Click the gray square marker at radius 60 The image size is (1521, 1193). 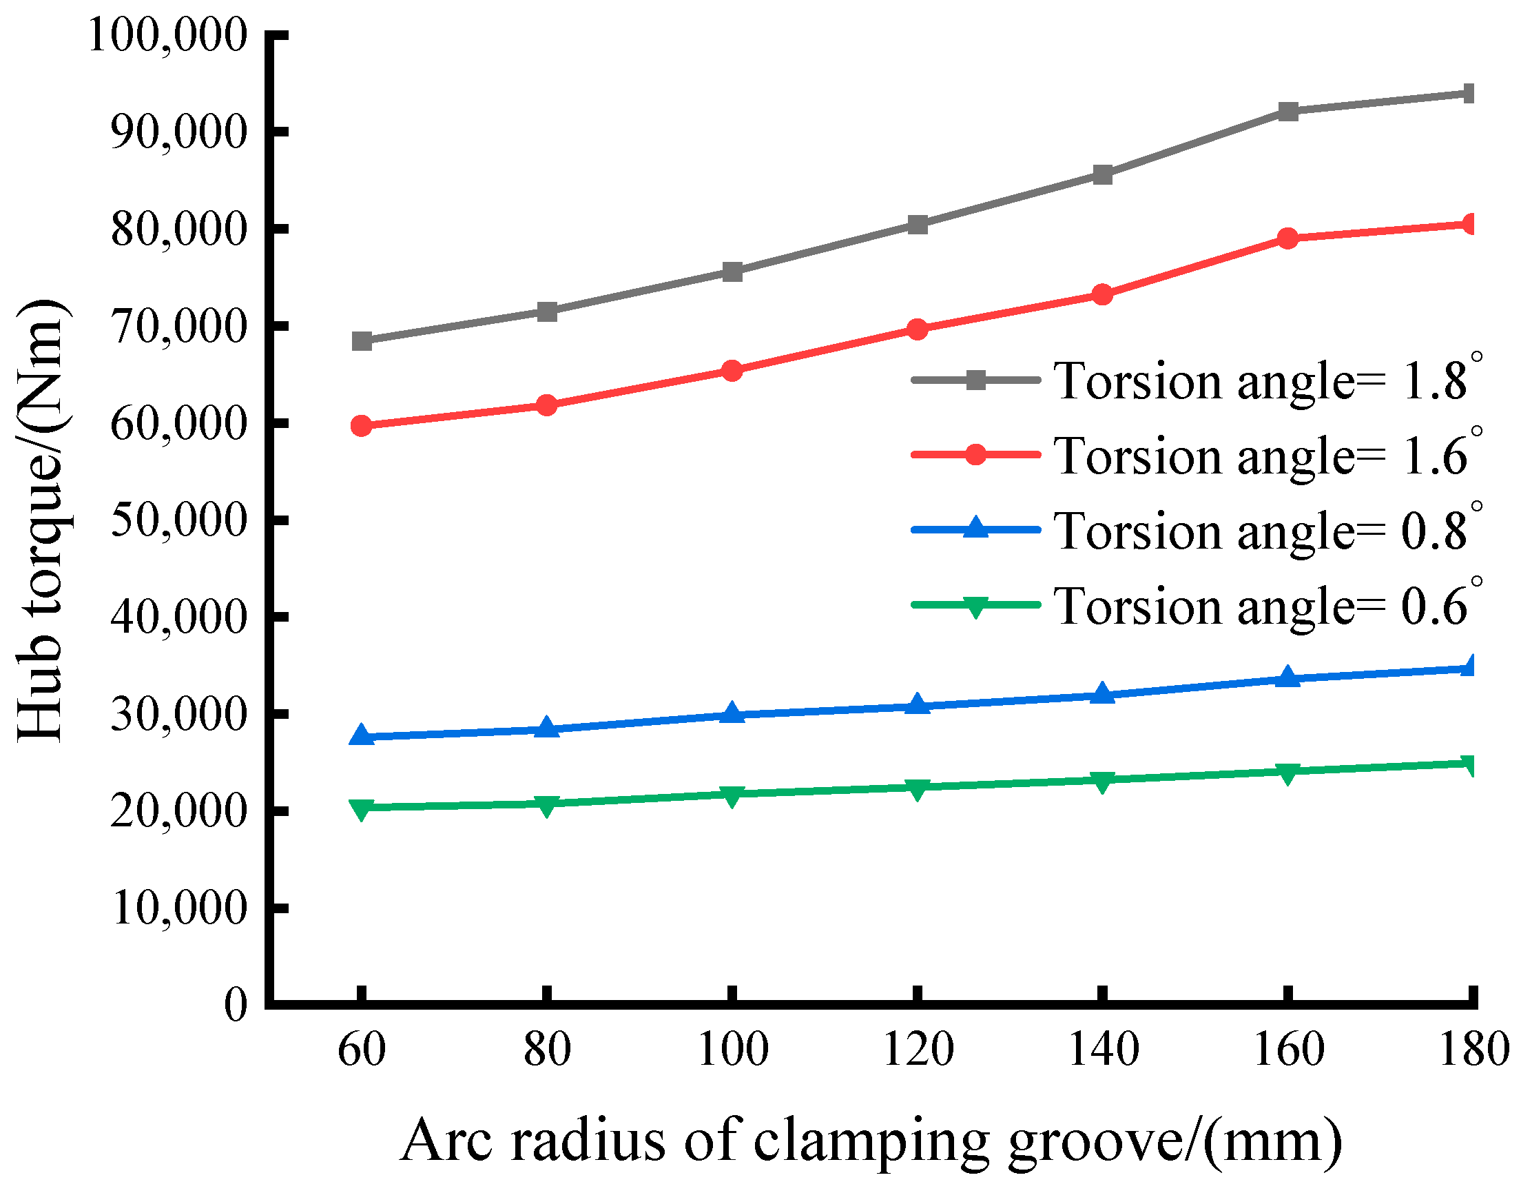pyautogui.click(x=362, y=341)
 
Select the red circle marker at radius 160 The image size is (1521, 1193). pyautogui.click(x=1288, y=238)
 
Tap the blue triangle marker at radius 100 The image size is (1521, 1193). pyautogui.click(x=732, y=713)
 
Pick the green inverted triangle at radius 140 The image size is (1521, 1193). pyautogui.click(x=1102, y=781)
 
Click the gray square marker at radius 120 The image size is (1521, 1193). pyautogui.click(x=918, y=224)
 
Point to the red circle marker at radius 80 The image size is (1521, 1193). pyautogui.click(x=547, y=405)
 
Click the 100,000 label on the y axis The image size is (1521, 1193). pyautogui.click(x=167, y=35)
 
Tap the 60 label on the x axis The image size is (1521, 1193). pyautogui.click(x=362, y=1050)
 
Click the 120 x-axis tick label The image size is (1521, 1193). pyautogui.click(x=918, y=1050)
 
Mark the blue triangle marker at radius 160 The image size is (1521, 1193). pyautogui.click(x=1288, y=677)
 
